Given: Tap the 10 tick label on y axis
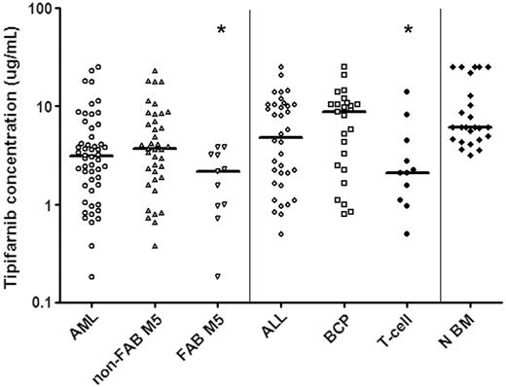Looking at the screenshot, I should pyautogui.click(x=47, y=107).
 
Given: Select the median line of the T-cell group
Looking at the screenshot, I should pyautogui.click(x=407, y=173).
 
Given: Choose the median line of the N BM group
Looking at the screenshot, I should pyautogui.click(x=469, y=127).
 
